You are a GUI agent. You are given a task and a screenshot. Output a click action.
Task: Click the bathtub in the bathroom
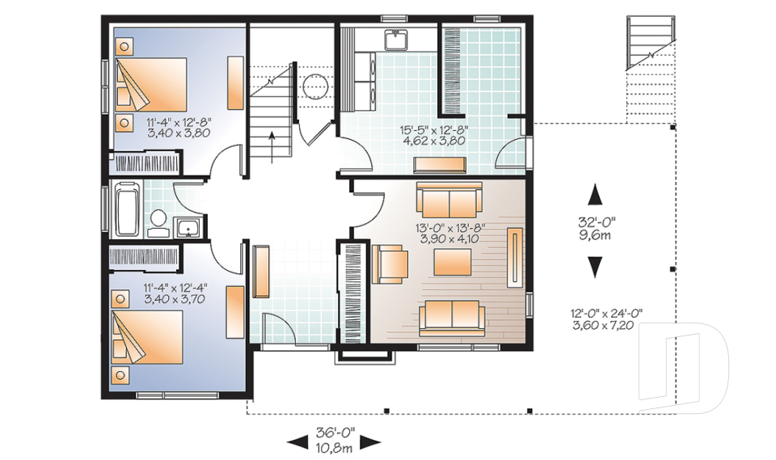pos(129,209)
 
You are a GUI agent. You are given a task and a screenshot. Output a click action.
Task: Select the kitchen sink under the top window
pos(396,40)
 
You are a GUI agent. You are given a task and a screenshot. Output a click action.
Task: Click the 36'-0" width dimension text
pos(336,433)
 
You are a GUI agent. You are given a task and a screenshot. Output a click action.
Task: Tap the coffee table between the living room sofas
pos(453,262)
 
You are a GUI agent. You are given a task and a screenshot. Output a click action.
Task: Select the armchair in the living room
pos(390,264)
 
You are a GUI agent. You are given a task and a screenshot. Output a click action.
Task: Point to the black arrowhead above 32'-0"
pos(595,195)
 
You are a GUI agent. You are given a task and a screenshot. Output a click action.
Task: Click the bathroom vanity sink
pos(188,228)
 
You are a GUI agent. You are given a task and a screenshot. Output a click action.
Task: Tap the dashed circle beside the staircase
pos(314,87)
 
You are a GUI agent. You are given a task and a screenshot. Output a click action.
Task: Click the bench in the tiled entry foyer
pos(261,272)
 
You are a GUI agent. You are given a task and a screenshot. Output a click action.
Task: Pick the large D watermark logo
pos(684,368)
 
